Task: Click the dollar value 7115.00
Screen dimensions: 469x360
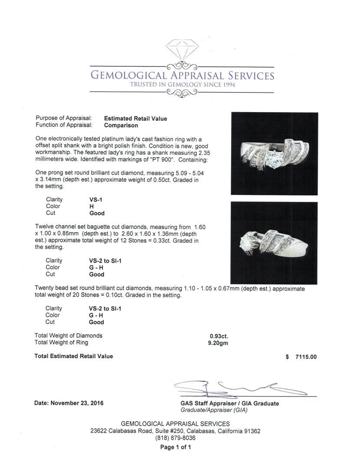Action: [306, 357]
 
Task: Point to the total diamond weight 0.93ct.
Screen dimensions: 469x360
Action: [219, 336]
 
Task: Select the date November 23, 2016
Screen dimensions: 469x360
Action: [69, 403]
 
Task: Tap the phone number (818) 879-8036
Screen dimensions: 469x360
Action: [175, 438]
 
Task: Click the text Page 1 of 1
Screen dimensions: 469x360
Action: [175, 447]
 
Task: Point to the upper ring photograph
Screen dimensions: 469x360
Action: [274, 154]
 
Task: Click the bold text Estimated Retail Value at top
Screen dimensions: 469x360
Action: [135, 119]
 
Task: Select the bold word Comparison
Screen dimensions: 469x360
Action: [121, 126]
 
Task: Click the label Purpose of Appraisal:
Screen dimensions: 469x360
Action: [63, 118]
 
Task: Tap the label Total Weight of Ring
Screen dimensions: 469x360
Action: [61, 343]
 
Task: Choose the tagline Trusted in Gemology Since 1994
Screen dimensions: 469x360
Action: [182, 85]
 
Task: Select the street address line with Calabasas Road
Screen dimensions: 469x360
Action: [175, 431]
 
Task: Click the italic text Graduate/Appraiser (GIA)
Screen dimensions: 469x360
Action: [214, 410]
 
